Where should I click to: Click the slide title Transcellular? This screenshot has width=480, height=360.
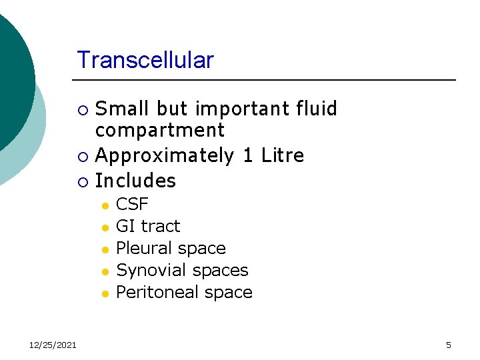click(145, 60)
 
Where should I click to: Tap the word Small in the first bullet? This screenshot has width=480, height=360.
click(123, 109)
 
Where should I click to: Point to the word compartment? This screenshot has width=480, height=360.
click(160, 131)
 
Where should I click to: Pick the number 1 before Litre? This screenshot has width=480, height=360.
click(247, 156)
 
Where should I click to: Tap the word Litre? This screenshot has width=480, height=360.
click(282, 156)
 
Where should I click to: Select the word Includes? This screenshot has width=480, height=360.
click(136, 181)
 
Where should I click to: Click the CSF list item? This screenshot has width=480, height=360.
click(132, 204)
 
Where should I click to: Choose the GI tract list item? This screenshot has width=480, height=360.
click(148, 226)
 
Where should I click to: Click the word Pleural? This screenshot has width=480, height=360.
click(143, 248)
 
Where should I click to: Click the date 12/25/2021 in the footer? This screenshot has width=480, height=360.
click(53, 345)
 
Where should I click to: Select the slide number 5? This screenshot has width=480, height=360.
click(448, 345)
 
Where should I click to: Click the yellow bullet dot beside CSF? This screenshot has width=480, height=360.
click(105, 205)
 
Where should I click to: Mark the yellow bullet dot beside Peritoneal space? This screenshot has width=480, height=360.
click(105, 293)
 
